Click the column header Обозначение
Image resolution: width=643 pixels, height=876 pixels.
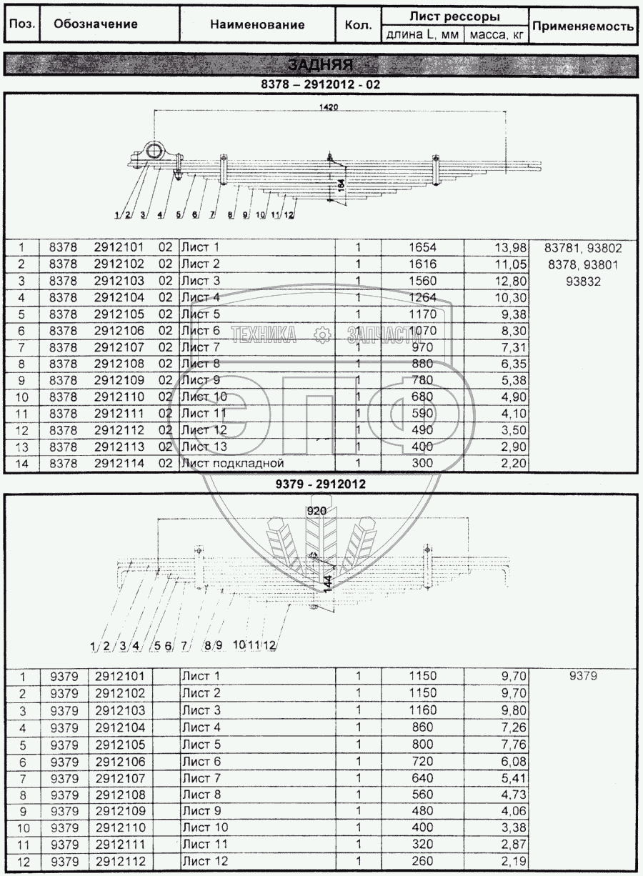[96, 24]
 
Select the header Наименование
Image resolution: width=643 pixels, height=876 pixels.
[257, 24]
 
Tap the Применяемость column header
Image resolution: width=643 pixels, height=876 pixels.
[584, 26]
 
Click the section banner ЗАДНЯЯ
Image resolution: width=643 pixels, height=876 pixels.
[321, 65]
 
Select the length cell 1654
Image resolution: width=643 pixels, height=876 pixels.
[422, 248]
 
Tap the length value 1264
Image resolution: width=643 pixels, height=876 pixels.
[422, 297]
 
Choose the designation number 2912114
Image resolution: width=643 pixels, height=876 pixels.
[119, 463]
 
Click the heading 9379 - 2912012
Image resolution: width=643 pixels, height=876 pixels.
[321, 484]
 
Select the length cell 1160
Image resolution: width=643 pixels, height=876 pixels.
[422, 711]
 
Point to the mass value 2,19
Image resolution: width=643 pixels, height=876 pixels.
[512, 861]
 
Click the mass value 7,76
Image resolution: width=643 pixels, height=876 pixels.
[512, 745]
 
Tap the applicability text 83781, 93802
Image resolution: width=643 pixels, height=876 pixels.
[583, 248]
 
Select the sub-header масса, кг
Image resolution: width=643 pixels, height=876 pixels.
[495, 34]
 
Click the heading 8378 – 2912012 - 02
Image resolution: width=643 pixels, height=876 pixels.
[321, 84]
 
